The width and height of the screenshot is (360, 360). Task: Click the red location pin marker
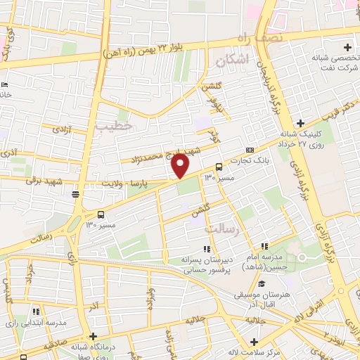(x=181, y=166)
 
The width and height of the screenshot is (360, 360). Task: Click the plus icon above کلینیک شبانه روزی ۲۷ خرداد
(x=301, y=122)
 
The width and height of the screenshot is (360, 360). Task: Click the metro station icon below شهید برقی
(x=75, y=195)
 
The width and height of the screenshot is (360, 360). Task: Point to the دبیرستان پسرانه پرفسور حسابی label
(x=208, y=263)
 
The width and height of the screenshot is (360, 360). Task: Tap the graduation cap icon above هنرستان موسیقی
(x=262, y=283)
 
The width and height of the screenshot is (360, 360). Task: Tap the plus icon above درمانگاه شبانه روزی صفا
(x=92, y=336)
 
